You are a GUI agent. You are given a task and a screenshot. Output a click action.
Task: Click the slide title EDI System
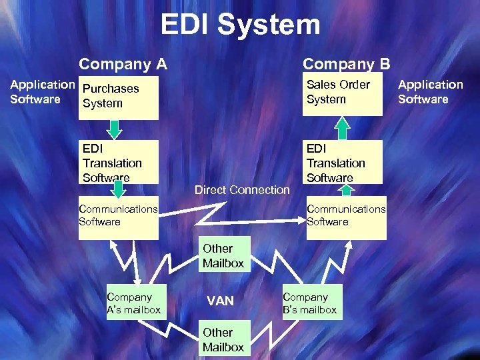tap(240, 25)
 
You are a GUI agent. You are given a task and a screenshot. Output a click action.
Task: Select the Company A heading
tap(123, 64)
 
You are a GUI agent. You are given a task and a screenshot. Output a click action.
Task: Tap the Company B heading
tap(346, 64)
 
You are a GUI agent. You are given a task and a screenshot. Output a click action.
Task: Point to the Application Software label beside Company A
tap(41, 92)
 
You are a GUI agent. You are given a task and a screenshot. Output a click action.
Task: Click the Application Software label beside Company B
tap(430, 92)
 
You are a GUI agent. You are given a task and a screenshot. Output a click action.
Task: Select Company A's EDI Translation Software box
tap(118, 161)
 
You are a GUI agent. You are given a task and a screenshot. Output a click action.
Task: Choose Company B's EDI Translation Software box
tap(342, 161)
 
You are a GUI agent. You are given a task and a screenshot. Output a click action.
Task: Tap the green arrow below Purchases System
tap(115, 128)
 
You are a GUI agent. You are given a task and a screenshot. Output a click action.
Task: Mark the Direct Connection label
tap(242, 190)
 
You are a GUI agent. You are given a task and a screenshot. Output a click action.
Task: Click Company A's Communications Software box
tap(118, 217)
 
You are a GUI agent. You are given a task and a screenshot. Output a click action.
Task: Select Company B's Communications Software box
tap(346, 217)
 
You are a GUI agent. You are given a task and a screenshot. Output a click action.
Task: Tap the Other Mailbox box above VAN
tap(223, 256)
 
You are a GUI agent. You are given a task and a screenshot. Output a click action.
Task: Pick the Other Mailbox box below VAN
tap(223, 339)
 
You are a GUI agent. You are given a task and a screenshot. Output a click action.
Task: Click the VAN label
tap(220, 301)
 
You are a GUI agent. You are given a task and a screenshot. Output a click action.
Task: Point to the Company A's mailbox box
tap(133, 303)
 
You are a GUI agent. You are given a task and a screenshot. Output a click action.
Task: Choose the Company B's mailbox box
tap(311, 303)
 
